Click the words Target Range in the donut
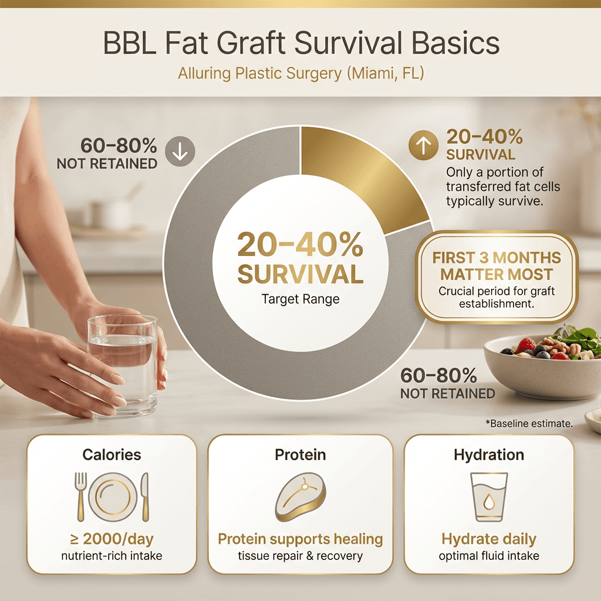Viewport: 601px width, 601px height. pyautogui.click(x=300, y=299)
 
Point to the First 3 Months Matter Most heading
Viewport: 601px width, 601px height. pyautogui.click(x=497, y=266)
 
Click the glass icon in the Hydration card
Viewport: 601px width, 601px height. pyautogui.click(x=489, y=497)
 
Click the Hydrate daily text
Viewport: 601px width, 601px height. pyautogui.click(x=489, y=539)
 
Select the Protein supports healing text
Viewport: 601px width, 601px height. pyautogui.click(x=300, y=539)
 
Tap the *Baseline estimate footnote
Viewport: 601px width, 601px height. pyautogui.click(x=529, y=423)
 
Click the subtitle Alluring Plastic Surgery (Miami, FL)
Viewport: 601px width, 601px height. pyautogui.click(x=300, y=75)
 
